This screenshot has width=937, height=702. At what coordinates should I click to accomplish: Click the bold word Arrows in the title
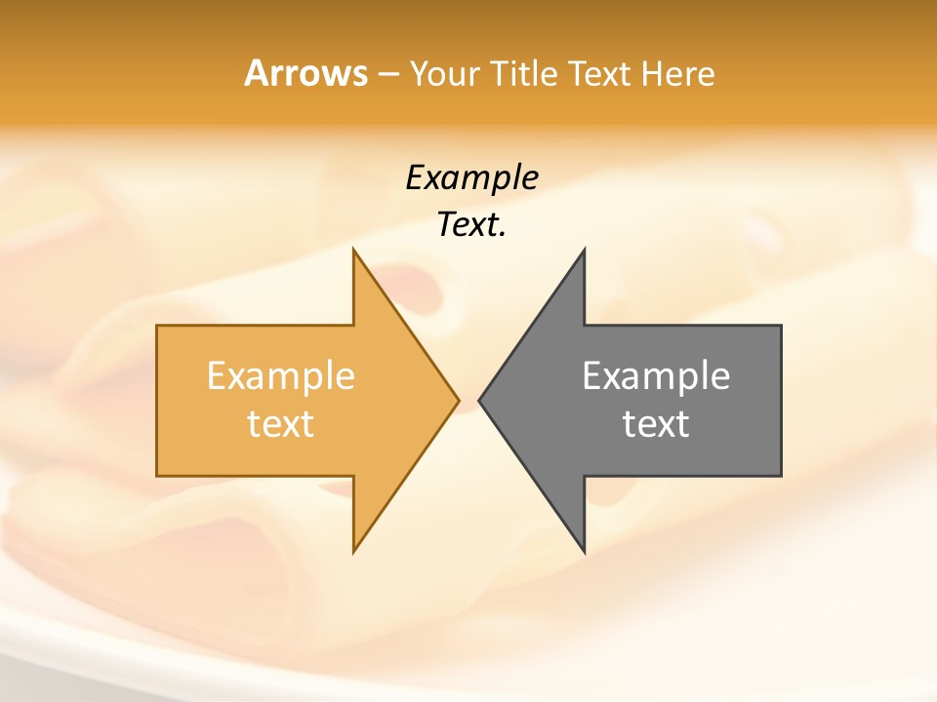[306, 73]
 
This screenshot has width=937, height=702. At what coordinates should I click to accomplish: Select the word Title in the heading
[524, 73]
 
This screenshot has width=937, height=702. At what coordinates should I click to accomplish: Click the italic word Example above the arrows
[471, 177]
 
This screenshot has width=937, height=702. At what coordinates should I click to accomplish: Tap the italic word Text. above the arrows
[471, 224]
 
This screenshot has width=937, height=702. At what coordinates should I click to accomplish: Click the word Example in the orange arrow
[281, 375]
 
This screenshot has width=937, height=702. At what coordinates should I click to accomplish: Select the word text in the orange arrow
[281, 423]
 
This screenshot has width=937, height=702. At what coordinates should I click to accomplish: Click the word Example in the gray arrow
[656, 375]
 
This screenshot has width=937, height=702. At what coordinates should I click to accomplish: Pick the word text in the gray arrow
[656, 423]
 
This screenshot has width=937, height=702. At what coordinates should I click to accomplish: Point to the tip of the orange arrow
[459, 400]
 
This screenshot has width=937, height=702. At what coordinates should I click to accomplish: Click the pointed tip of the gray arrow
[479, 400]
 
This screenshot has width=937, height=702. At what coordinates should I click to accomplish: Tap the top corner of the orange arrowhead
[353, 250]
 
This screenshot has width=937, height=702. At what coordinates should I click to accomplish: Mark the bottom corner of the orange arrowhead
[353, 552]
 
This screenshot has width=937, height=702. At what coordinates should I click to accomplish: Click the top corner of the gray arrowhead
[584, 250]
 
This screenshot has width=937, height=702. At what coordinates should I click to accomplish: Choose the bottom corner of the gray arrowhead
[584, 552]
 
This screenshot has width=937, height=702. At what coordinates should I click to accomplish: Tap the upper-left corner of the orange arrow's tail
[157, 326]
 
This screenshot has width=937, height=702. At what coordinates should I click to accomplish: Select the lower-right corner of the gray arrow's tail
[781, 476]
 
